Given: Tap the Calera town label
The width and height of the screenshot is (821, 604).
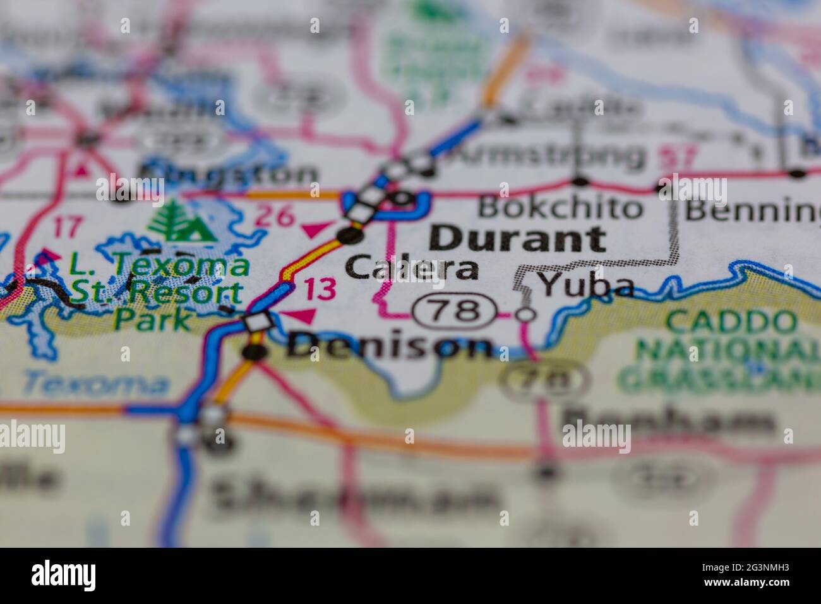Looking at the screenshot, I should pyautogui.click(x=412, y=268).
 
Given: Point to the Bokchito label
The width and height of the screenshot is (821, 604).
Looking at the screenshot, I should pyautogui.click(x=560, y=207).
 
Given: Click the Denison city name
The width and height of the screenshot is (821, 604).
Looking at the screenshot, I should pyautogui.click(x=389, y=346).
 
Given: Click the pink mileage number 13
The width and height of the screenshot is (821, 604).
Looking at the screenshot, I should pyautogui.click(x=320, y=289).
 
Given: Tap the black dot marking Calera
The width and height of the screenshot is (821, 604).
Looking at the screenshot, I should pyautogui.click(x=351, y=236).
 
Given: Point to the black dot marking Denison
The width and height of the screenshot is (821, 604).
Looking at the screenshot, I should pyautogui.click(x=255, y=351).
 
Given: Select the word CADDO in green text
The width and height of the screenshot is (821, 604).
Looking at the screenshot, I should pyautogui.click(x=731, y=322).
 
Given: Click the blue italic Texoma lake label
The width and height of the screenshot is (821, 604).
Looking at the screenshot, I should pyautogui.click(x=95, y=383).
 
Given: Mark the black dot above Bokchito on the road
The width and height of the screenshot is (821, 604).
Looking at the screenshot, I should pyautogui.click(x=580, y=182).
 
